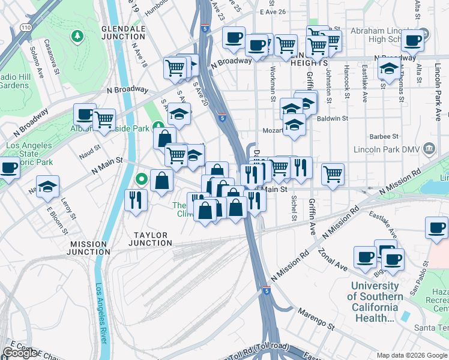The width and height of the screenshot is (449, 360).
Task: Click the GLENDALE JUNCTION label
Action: click(x=124, y=32)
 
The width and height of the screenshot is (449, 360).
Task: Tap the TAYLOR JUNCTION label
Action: click(x=150, y=239)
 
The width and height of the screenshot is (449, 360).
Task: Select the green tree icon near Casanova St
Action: click(x=77, y=37)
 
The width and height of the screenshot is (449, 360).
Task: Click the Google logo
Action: click(x=20, y=353)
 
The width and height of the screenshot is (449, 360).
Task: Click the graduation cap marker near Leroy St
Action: click(x=47, y=186)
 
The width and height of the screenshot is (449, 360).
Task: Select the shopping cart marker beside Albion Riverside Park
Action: click(x=104, y=120)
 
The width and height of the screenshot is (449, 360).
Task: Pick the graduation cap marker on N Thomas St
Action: click(x=389, y=69)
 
